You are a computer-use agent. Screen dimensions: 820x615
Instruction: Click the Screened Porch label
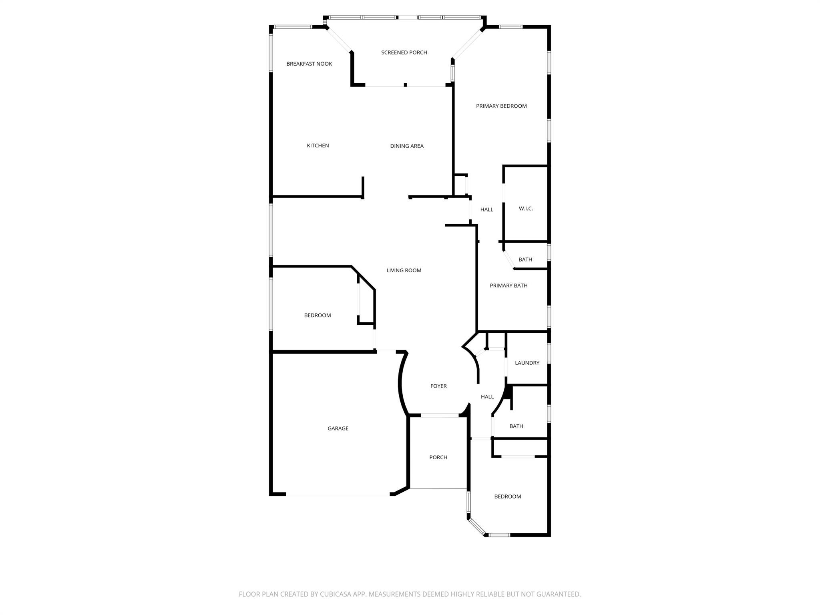pyautogui.click(x=404, y=52)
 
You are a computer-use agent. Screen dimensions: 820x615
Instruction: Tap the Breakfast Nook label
pyautogui.click(x=309, y=64)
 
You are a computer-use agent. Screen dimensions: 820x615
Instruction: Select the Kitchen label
pyautogui.click(x=318, y=146)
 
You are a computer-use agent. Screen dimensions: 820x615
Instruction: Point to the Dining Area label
pyautogui.click(x=407, y=146)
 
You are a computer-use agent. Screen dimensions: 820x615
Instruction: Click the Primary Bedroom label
pyautogui.click(x=501, y=106)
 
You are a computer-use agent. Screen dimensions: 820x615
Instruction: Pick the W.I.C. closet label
pyautogui.click(x=526, y=209)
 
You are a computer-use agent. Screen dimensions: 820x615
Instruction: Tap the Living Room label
pyautogui.click(x=404, y=271)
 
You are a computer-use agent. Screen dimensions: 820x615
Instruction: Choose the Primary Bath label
pyautogui.click(x=508, y=285)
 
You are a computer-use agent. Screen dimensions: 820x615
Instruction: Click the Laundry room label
pyautogui.click(x=527, y=363)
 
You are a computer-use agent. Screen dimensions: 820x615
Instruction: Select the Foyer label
pyautogui.click(x=438, y=386)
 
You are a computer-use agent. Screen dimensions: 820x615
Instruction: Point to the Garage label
pyautogui.click(x=338, y=428)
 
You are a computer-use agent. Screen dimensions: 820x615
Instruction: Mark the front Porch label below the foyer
pyautogui.click(x=438, y=457)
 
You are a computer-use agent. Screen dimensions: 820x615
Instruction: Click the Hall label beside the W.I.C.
pyautogui.click(x=487, y=209)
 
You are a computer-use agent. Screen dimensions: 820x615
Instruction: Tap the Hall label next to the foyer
pyautogui.click(x=487, y=397)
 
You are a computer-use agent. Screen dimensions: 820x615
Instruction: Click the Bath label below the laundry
pyautogui.click(x=516, y=426)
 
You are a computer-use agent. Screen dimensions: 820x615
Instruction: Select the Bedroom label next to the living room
pyautogui.click(x=318, y=316)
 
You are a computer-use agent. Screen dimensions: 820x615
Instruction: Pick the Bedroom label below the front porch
pyautogui.click(x=508, y=496)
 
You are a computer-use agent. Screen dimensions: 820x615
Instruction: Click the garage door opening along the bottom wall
pyautogui.click(x=338, y=496)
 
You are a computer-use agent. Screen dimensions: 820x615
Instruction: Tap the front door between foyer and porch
pyautogui.click(x=439, y=415)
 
